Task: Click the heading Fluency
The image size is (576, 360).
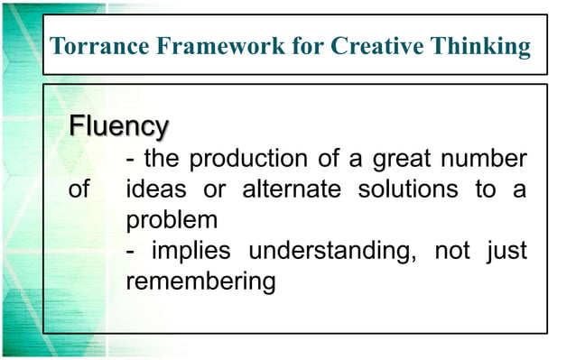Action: [118, 125]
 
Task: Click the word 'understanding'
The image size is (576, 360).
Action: [331, 251]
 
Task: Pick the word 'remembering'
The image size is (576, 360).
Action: [200, 281]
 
